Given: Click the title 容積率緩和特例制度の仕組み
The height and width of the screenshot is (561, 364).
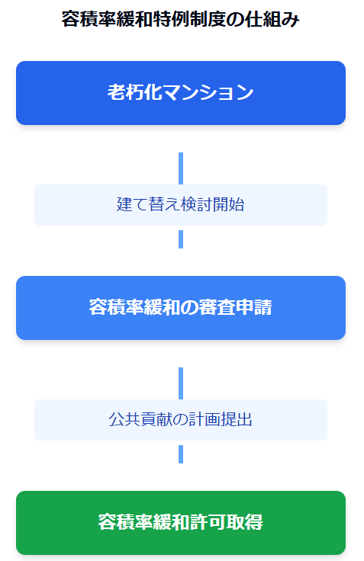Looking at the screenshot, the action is (181, 19).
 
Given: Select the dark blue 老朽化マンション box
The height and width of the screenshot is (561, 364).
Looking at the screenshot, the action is (181, 93).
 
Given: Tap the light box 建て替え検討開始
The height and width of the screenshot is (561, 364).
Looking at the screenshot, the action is (181, 205).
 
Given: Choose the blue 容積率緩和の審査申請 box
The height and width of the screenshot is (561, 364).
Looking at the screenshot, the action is (181, 308).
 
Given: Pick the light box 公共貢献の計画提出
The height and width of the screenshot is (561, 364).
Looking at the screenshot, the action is (181, 420).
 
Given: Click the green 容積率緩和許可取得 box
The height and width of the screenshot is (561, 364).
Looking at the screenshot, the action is (181, 523).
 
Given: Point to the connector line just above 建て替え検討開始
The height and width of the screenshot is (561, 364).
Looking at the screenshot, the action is (181, 168).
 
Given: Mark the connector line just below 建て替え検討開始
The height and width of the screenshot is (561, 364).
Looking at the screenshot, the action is (181, 239).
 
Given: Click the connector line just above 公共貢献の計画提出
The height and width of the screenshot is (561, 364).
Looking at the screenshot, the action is (181, 383).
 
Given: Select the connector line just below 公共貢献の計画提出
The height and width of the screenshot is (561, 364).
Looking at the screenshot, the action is (181, 454).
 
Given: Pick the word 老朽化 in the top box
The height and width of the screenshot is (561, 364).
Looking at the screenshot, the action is (135, 92).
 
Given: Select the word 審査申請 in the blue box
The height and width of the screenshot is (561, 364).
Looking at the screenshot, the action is (236, 307).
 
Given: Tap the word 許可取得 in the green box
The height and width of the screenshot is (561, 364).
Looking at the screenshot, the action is (227, 522).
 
